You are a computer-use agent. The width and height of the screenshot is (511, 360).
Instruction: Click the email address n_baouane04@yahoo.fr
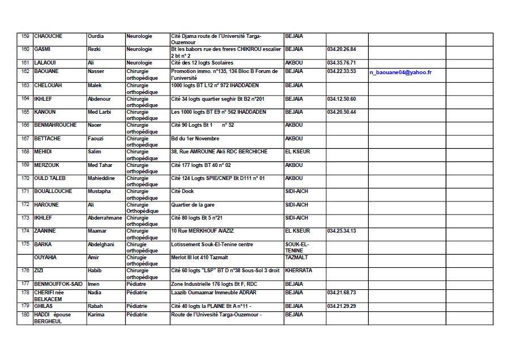point(401,72)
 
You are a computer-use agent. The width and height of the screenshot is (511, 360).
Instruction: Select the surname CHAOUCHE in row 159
point(48,36)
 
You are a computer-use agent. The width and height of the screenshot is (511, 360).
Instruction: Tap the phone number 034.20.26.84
point(342,49)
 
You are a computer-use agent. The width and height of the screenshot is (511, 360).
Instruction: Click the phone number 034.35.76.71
point(342,62)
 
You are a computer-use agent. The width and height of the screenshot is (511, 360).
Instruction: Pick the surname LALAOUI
point(45,62)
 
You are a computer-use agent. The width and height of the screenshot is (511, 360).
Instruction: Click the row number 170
point(25,178)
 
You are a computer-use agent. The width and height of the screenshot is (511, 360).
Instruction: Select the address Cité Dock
point(182,191)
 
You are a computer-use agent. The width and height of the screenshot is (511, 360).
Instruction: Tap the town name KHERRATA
point(299,271)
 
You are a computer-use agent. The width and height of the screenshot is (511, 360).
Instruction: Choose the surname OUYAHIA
point(45,258)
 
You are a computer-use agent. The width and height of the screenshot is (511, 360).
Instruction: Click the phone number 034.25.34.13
point(342,231)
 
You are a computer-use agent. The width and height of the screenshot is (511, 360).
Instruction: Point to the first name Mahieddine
point(102,178)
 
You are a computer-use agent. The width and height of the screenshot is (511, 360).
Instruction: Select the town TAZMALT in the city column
point(297,258)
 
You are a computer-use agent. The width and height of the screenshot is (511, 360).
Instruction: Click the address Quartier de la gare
point(193,205)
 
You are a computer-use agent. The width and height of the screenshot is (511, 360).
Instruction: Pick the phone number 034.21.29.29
point(342,306)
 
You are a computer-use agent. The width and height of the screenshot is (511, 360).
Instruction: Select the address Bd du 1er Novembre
point(195,139)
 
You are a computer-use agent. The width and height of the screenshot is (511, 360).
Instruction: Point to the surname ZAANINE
point(45,231)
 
